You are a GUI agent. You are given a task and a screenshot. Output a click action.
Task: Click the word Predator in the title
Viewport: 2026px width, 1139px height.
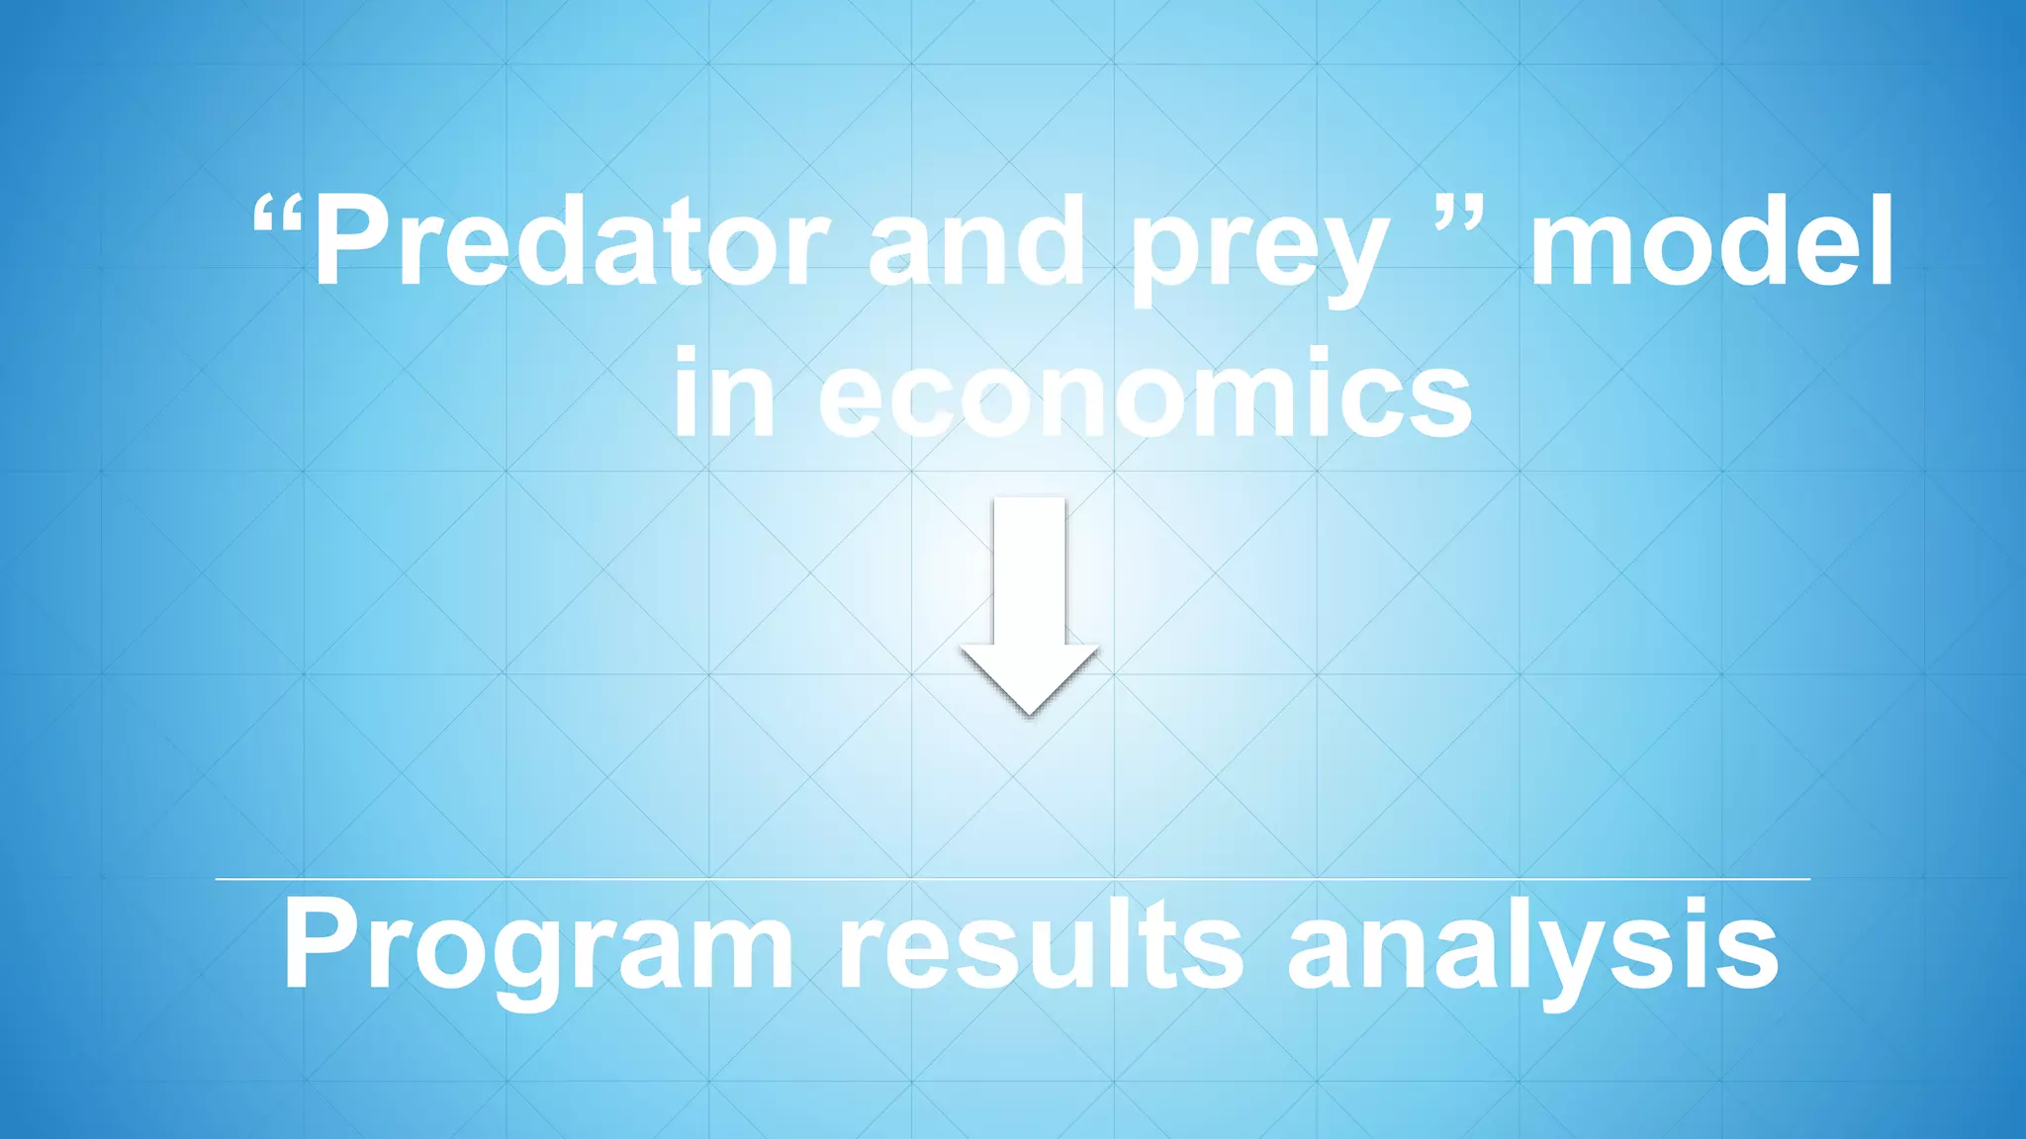[x=571, y=242]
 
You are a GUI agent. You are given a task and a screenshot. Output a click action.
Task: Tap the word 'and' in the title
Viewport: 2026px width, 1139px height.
[x=976, y=242]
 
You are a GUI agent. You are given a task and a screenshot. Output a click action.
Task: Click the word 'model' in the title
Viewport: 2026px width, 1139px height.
[x=1711, y=242]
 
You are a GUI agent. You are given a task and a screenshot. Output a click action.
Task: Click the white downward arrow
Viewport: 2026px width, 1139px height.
[x=1029, y=603]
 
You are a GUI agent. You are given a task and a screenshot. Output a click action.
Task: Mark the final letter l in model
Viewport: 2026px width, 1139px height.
[x=1879, y=240]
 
